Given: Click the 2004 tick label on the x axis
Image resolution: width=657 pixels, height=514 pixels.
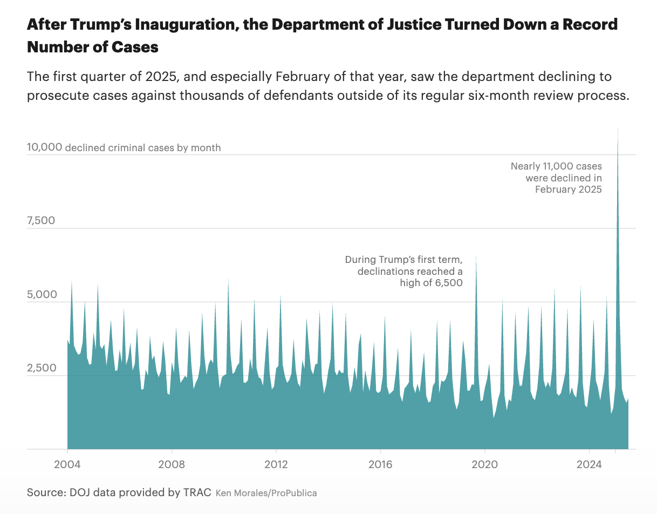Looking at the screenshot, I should [67, 464].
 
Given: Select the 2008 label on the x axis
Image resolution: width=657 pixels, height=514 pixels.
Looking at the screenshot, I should [172, 464].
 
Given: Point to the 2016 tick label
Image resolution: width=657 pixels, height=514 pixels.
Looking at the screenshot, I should [380, 464].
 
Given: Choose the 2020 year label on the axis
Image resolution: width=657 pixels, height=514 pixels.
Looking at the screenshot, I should [484, 464].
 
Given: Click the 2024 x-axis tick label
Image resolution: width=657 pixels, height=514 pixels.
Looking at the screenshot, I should [589, 464].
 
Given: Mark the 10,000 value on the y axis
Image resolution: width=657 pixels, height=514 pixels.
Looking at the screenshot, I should [44, 147].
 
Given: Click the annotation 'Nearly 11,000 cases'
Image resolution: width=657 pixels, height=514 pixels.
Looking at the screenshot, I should [556, 166].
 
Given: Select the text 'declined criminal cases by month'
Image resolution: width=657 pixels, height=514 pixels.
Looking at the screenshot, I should [142, 147].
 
